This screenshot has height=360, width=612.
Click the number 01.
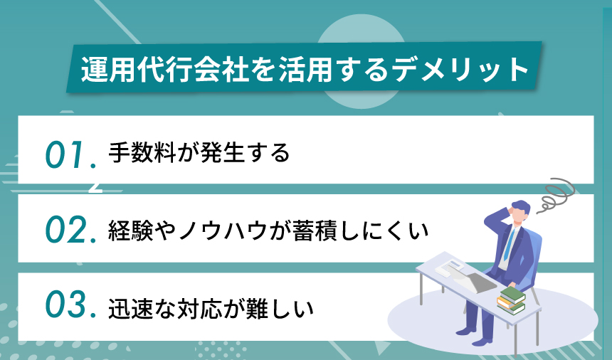point(69,154)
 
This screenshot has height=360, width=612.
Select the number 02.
point(69,231)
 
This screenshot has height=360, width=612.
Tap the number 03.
point(69,307)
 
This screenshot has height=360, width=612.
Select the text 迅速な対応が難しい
point(211,307)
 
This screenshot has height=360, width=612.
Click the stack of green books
point(510,300)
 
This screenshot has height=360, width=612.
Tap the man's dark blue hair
point(520,207)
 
